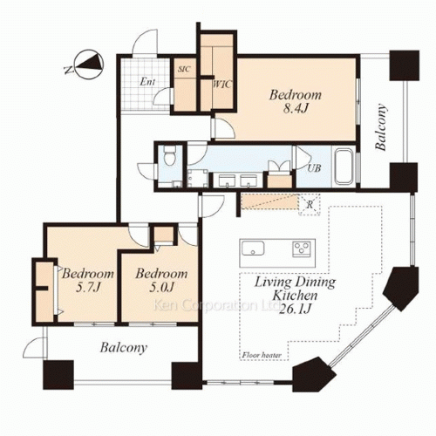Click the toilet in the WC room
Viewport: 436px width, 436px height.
click(x=168, y=155)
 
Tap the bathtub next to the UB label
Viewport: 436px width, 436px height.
click(x=344, y=167)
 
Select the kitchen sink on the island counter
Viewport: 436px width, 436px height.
click(x=252, y=248)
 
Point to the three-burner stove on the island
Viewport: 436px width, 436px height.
click(x=302, y=249)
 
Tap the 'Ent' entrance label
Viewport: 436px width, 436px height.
click(x=147, y=82)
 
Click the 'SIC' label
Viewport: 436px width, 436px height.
click(x=184, y=69)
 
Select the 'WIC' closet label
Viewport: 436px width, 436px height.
click(x=222, y=85)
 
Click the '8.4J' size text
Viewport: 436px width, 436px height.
click(x=296, y=109)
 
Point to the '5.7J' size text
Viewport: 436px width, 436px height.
click(x=88, y=288)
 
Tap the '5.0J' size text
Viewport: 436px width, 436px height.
click(x=161, y=288)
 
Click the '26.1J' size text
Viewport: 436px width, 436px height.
click(x=295, y=310)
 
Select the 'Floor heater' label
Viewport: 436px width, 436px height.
click(x=262, y=355)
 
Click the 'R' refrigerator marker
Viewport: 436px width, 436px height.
click(x=310, y=204)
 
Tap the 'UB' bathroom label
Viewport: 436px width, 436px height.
click(x=314, y=168)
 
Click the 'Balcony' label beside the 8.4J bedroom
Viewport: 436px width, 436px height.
click(x=381, y=126)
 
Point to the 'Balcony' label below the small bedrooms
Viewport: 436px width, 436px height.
click(x=124, y=348)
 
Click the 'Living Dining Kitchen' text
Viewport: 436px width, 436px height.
click(x=295, y=289)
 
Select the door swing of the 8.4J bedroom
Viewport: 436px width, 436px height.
click(x=224, y=128)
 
